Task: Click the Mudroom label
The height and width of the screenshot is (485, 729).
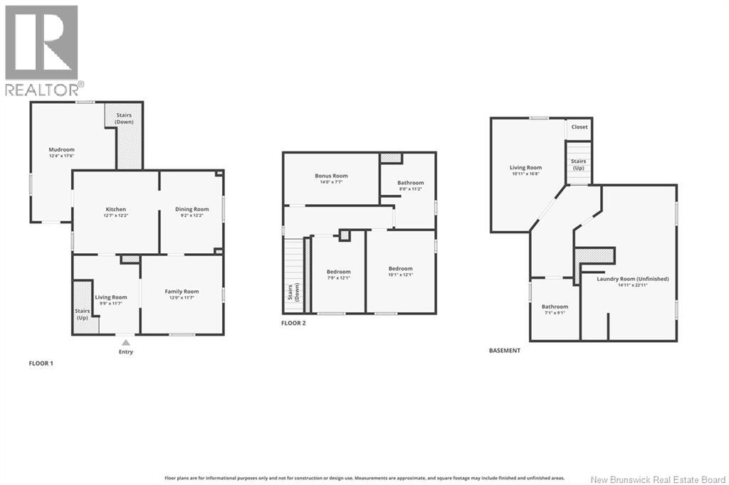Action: [x=61, y=149]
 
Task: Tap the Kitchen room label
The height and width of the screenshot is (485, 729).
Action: [x=116, y=209]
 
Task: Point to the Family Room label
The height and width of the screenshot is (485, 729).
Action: [x=182, y=292]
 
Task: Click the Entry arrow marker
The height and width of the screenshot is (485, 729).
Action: [x=125, y=343]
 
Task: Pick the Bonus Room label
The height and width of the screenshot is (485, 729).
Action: [x=331, y=176]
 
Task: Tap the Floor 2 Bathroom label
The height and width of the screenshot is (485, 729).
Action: [x=411, y=183]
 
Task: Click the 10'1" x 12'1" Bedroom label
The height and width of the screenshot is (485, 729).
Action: [x=401, y=272]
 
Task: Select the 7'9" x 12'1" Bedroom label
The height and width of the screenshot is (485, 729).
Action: [x=339, y=272]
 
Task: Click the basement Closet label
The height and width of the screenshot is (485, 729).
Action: [x=579, y=127]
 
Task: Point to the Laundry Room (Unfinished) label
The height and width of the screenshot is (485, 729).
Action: [x=633, y=279]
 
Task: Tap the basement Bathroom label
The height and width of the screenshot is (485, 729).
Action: [x=555, y=307]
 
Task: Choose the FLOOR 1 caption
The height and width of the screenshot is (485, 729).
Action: [x=41, y=363]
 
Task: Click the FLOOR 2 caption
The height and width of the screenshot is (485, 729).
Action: [x=293, y=323]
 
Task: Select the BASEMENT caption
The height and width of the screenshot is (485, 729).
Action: [x=505, y=351]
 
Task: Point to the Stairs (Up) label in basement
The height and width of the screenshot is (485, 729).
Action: [x=579, y=164]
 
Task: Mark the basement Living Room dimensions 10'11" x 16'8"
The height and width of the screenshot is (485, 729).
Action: [x=525, y=173]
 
